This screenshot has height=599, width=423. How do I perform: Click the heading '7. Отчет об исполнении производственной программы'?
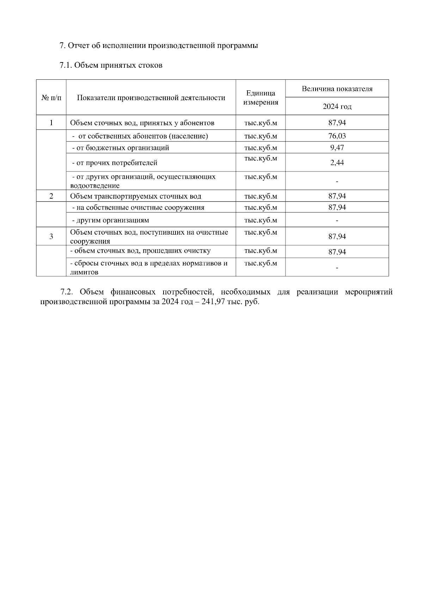[x=159, y=46]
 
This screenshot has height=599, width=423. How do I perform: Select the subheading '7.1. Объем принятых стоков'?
[x=111, y=65]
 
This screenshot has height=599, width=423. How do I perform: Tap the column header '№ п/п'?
[x=51, y=98]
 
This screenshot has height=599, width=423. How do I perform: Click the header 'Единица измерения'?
[x=260, y=98]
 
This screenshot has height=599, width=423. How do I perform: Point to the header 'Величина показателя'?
[x=337, y=89]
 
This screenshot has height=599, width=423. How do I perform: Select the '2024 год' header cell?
[x=337, y=107]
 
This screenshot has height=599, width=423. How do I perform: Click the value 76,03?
[x=337, y=136]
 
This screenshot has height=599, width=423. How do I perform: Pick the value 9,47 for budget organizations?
[x=337, y=148]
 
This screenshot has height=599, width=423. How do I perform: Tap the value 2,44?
[x=337, y=163]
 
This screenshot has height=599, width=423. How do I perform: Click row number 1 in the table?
[x=51, y=123]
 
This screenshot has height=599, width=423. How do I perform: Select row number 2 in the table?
[x=51, y=196]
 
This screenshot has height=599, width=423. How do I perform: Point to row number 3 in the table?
[x=51, y=236]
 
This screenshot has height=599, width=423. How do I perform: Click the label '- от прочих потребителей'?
[x=115, y=163]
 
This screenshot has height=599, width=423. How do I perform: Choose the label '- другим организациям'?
[x=110, y=220]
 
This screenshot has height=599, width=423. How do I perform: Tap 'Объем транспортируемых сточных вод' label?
[x=136, y=196]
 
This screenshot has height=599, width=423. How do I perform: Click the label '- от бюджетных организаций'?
[x=120, y=148]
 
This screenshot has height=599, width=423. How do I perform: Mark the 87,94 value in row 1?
[x=337, y=123]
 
